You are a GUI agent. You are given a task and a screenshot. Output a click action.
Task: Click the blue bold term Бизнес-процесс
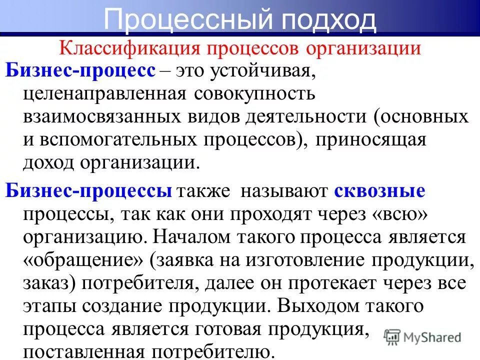tap(80, 71)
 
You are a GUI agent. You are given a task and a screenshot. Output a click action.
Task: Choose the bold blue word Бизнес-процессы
tap(89, 191)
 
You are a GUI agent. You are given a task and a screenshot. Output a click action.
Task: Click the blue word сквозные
tap(379, 191)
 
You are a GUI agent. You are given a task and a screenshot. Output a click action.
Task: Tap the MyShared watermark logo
tap(423, 336)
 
